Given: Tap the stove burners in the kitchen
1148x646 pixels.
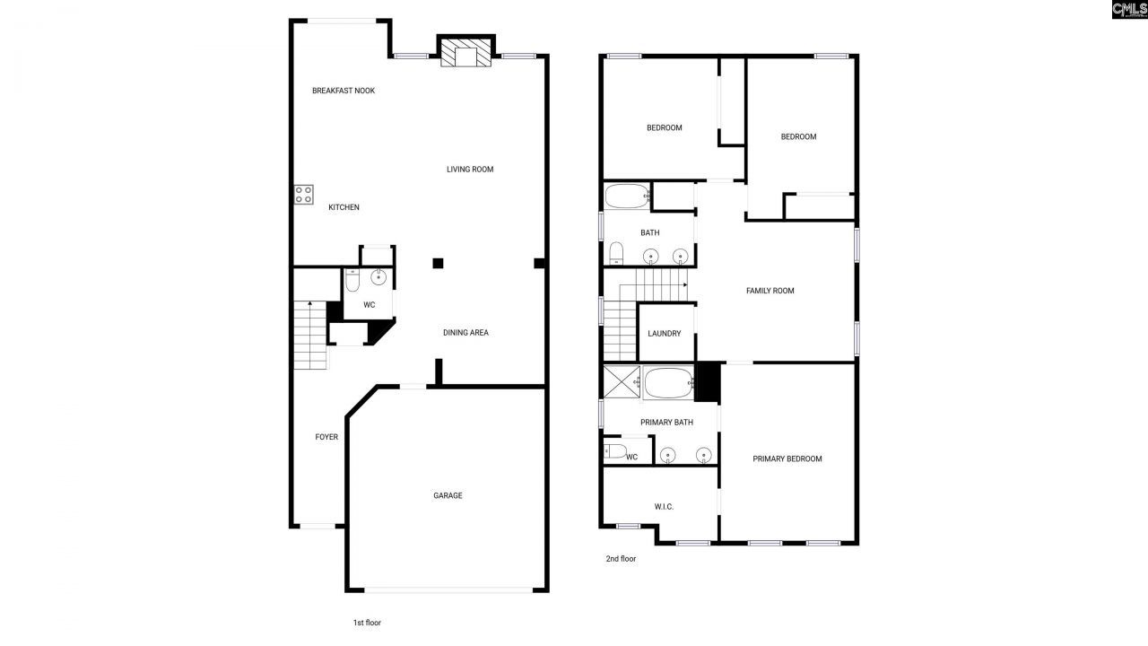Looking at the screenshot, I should click(304, 195).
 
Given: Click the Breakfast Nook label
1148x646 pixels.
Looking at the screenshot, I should click(344, 91).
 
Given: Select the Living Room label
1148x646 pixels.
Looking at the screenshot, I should click(470, 170).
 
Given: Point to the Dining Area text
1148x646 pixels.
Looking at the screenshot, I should click(465, 333).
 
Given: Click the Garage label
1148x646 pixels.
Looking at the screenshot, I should click(448, 495).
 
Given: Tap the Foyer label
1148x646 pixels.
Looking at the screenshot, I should click(326, 437).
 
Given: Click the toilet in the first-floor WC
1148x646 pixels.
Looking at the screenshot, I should click(352, 282).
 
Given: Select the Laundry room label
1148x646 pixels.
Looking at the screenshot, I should click(665, 334).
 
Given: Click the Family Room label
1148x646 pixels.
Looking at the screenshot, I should click(770, 291).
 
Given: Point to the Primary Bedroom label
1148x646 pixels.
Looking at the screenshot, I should click(787, 459).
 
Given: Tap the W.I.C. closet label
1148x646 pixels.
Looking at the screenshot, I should click(664, 507).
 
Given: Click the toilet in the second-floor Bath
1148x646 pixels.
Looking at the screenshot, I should click(617, 254).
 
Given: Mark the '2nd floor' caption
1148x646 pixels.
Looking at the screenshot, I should click(621, 559).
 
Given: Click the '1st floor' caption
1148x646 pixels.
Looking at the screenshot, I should click(368, 623).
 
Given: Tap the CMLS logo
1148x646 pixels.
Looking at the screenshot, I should click(1129, 10).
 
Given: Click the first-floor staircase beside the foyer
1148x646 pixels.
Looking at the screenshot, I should click(309, 336).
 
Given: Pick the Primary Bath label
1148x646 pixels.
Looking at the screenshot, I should click(666, 423).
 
